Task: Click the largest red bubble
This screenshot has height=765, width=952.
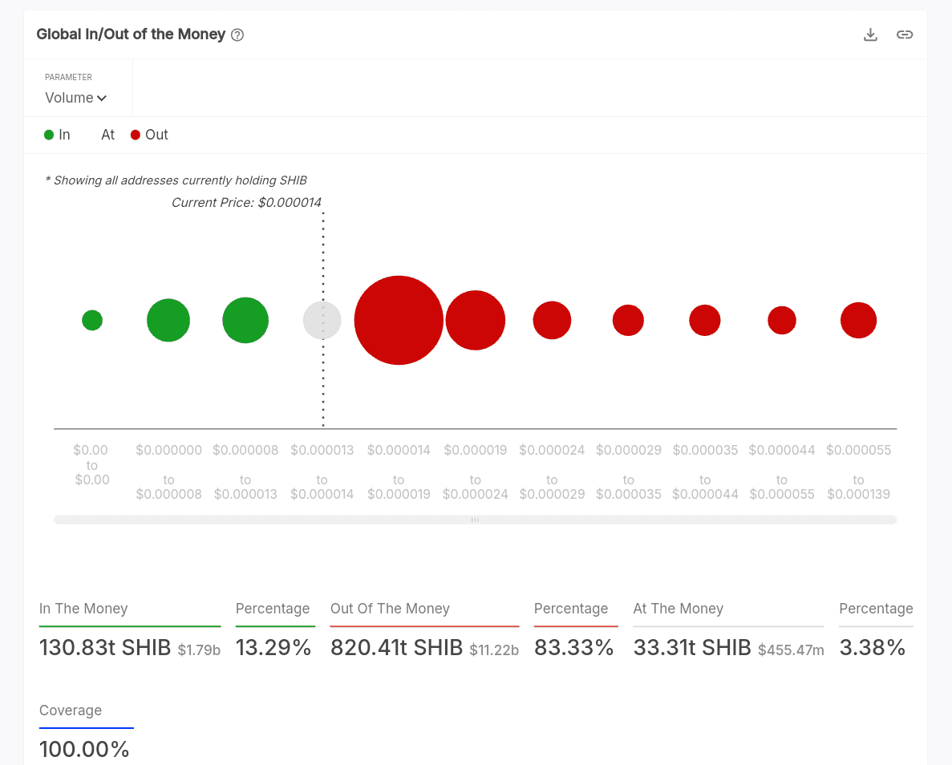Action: click(x=399, y=320)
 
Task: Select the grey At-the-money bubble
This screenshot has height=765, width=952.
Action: click(x=322, y=320)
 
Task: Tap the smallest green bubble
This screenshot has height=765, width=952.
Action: click(x=92, y=320)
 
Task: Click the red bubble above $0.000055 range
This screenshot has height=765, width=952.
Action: click(x=858, y=320)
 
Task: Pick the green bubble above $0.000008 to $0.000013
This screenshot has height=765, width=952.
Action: click(x=245, y=320)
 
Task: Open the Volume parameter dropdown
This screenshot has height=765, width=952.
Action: click(x=76, y=98)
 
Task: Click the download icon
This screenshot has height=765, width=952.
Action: click(x=870, y=34)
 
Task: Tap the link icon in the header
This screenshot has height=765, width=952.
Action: click(x=905, y=34)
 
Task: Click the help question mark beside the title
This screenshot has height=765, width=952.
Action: click(x=237, y=35)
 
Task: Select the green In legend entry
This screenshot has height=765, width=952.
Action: click(x=57, y=135)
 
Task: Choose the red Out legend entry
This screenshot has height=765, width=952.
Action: click(x=149, y=135)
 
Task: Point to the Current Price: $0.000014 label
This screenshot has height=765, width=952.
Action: click(x=246, y=203)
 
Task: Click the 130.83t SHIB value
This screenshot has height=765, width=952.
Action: click(x=104, y=647)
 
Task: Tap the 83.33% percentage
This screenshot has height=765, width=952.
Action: click(x=573, y=647)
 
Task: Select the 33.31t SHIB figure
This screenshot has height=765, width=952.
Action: click(x=691, y=647)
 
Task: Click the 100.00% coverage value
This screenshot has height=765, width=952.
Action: click(x=84, y=749)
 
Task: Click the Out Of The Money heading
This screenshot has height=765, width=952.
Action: click(x=390, y=609)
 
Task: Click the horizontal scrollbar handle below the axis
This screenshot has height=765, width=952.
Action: click(x=475, y=520)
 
